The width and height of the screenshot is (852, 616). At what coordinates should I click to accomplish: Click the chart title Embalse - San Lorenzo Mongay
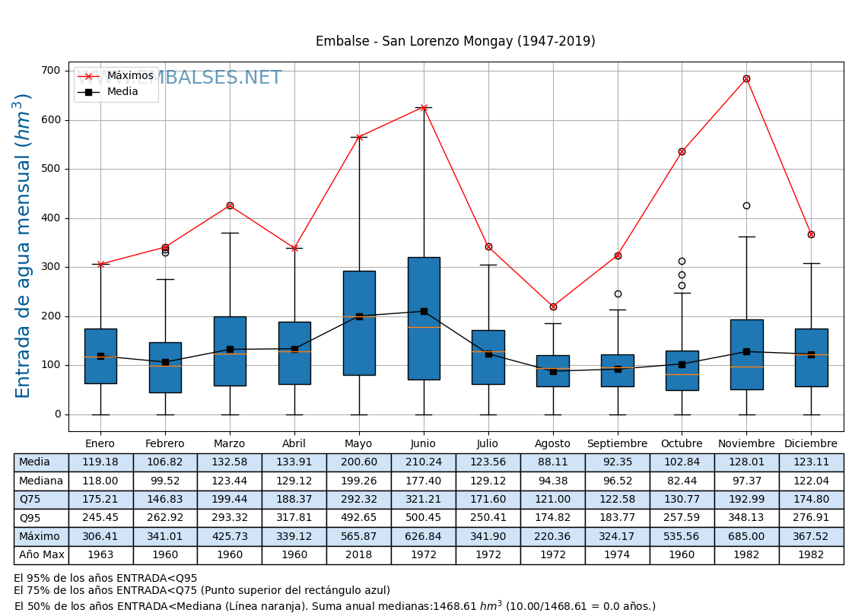pos(455,42)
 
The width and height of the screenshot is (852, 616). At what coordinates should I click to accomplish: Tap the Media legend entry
pos(122,92)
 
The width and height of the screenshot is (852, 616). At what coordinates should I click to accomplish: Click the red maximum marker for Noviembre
pos(746,78)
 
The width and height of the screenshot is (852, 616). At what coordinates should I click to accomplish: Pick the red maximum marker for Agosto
pos(553,306)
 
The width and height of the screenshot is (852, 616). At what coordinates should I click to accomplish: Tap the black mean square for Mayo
pos(359,316)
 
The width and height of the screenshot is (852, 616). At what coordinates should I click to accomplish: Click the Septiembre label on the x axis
pos(617,444)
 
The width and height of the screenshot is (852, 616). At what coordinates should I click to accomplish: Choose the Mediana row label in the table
pos(41,481)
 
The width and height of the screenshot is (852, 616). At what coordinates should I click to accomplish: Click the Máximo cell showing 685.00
pos(746,537)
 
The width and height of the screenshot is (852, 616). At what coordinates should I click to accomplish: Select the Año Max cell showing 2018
pos(359,555)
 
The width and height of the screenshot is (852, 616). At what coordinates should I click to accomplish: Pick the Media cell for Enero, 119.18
pos(100,462)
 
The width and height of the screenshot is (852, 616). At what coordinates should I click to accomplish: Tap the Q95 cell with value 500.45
pos(424,518)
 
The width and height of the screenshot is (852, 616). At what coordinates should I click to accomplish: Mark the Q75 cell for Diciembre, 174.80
pos(811,500)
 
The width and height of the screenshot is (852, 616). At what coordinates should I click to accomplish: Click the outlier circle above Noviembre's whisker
pos(746,205)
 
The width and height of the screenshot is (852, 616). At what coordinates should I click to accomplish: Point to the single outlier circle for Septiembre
pos(618,294)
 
